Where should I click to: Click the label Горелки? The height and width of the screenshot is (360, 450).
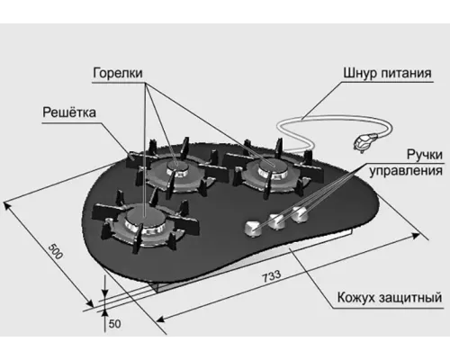click(x=118, y=73)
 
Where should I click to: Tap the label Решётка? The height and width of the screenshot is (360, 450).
click(x=69, y=112)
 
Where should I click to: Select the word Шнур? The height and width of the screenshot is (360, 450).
click(x=360, y=73)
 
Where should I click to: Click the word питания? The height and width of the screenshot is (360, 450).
click(x=406, y=73)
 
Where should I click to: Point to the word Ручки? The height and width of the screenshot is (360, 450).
click(x=425, y=156)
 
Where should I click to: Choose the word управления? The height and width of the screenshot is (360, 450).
click(x=406, y=171)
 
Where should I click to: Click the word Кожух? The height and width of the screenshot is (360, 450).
click(x=356, y=298)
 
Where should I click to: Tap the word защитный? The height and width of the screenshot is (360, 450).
click(x=411, y=298)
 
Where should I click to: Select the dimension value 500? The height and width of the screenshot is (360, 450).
click(x=56, y=251)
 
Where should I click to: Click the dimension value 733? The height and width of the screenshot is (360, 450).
click(x=272, y=276)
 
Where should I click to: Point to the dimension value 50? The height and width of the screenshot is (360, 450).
click(x=114, y=324)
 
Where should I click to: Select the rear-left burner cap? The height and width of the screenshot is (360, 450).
click(x=176, y=166)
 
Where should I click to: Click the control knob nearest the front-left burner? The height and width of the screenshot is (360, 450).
click(x=253, y=229)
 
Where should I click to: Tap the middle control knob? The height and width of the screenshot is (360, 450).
click(x=276, y=221)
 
